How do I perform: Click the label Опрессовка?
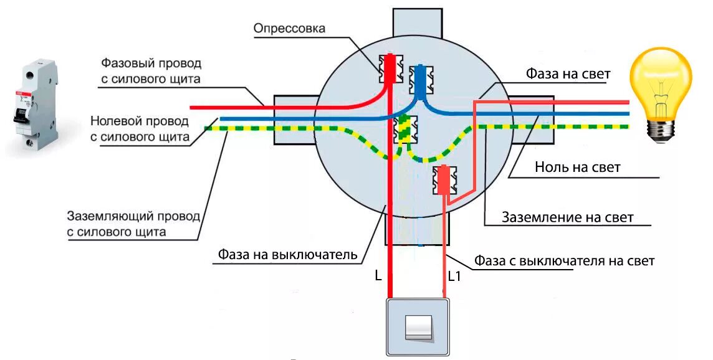(x=289, y=29)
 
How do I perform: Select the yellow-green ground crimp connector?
(x=406, y=131)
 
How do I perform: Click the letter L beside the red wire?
(x=378, y=275)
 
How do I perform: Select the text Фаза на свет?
(x=568, y=74)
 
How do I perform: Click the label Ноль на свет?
(x=577, y=168)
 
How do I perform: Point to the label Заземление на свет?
(x=567, y=217)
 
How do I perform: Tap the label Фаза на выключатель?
(x=287, y=254)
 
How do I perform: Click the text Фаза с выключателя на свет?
(x=564, y=261)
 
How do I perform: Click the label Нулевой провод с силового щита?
(x=140, y=128)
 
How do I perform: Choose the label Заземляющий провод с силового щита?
(x=133, y=224)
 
